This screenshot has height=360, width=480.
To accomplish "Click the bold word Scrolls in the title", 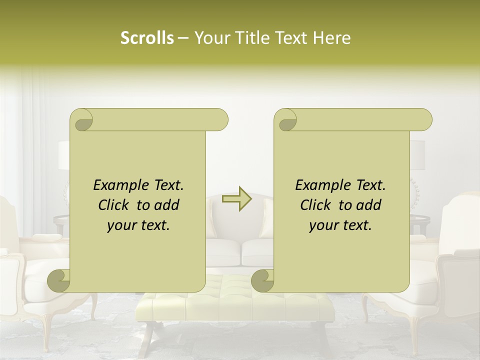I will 147,38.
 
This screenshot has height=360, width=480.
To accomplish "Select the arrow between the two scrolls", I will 237,198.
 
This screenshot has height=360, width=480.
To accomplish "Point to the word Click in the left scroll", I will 116,205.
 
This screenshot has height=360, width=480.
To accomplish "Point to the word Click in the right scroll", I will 318,205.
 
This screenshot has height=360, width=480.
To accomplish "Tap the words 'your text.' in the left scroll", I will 138,225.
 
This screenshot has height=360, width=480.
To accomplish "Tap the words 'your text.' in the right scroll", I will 340,225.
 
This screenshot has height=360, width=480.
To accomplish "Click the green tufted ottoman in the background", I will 235,300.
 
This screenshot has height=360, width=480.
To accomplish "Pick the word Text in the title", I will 290,38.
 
